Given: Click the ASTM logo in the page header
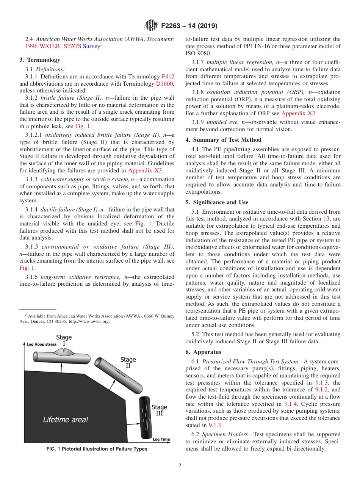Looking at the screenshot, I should [x=151, y=26].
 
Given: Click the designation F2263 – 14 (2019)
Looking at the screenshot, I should [x=189, y=26].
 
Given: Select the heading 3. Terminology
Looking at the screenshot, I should [x=40, y=60].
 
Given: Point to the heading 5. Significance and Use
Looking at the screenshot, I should [x=217, y=202].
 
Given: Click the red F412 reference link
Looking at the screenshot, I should [x=168, y=77].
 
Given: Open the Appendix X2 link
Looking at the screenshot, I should [x=298, y=113].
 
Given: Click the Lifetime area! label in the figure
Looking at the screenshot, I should [x=65, y=419].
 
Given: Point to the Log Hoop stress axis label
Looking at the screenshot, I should [x=41, y=344].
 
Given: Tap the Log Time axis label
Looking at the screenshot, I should [x=161, y=440].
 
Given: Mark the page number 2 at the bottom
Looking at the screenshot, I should [x=180, y=466].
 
